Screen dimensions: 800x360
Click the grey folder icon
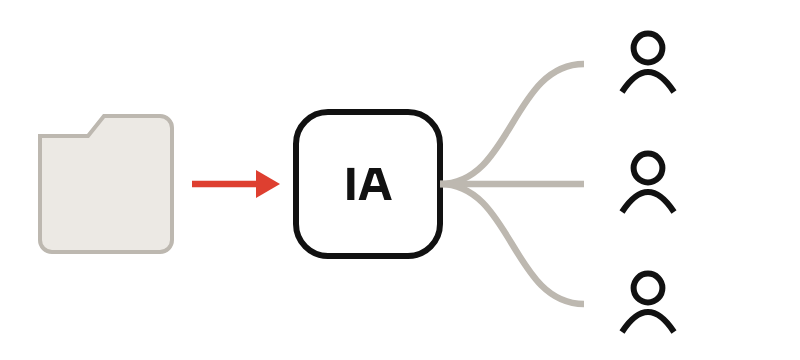pyautogui.click(x=106, y=184)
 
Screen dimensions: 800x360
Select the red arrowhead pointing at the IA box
pyautogui.click(x=267, y=184)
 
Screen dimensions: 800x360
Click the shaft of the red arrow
pyautogui.click(x=224, y=184)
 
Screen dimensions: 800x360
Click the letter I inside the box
pyautogui.click(x=351, y=184)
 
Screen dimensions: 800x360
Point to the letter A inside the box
pyautogui.click(x=375, y=184)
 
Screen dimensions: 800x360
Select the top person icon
pyautogui.click(x=648, y=62)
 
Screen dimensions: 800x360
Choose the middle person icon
pyautogui.click(x=648, y=182)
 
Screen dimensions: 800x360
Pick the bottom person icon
pyautogui.click(x=648, y=302)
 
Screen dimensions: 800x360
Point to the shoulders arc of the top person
pyautogui.click(x=648, y=72)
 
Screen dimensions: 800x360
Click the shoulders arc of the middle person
pyautogui.click(x=648, y=192)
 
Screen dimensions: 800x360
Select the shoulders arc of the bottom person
pyautogui.click(x=648, y=312)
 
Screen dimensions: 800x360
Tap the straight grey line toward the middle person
pyautogui.click(x=512, y=184)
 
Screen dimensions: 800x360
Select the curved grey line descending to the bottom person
pyautogui.click(x=512, y=244)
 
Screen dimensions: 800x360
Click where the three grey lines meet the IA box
pyautogui.click(x=443, y=184)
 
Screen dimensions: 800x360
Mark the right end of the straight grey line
pyautogui.click(x=583, y=184)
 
